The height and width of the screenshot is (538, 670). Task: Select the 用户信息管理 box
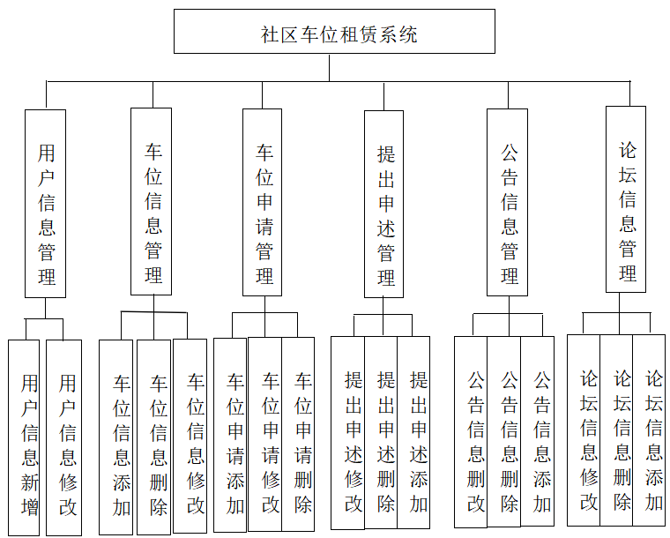click(46, 203)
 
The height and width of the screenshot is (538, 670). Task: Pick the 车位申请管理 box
click(263, 202)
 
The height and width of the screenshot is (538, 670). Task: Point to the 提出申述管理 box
click(384, 204)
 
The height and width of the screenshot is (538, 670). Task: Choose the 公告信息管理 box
click(508, 202)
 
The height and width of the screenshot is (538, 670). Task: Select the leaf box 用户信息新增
click(25, 437)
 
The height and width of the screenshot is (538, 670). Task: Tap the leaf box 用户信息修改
click(64, 437)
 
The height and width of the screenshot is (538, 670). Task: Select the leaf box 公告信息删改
click(471, 432)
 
